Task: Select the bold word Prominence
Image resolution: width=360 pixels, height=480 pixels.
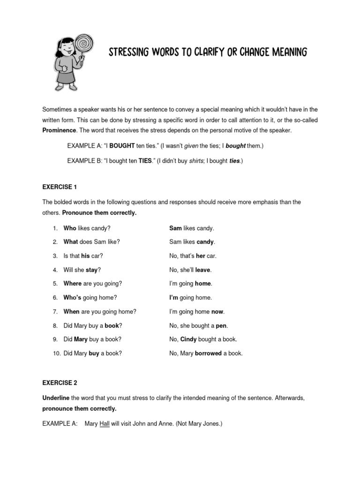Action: [x=60, y=130]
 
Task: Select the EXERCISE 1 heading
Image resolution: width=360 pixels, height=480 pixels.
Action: [x=60, y=187]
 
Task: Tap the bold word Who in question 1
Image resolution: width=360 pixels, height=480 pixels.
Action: [x=69, y=228]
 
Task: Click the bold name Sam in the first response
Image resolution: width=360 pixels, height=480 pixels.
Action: [x=175, y=228]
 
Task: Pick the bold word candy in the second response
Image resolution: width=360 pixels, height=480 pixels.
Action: [x=205, y=242]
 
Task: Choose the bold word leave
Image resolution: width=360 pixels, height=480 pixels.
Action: [x=203, y=270]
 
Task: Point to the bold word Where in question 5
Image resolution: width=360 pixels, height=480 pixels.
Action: [x=72, y=284]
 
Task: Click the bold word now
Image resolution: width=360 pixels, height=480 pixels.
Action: [x=217, y=312]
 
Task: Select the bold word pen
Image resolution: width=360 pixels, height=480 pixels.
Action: [x=221, y=325]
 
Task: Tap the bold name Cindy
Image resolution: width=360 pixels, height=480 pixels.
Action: [x=188, y=339]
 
